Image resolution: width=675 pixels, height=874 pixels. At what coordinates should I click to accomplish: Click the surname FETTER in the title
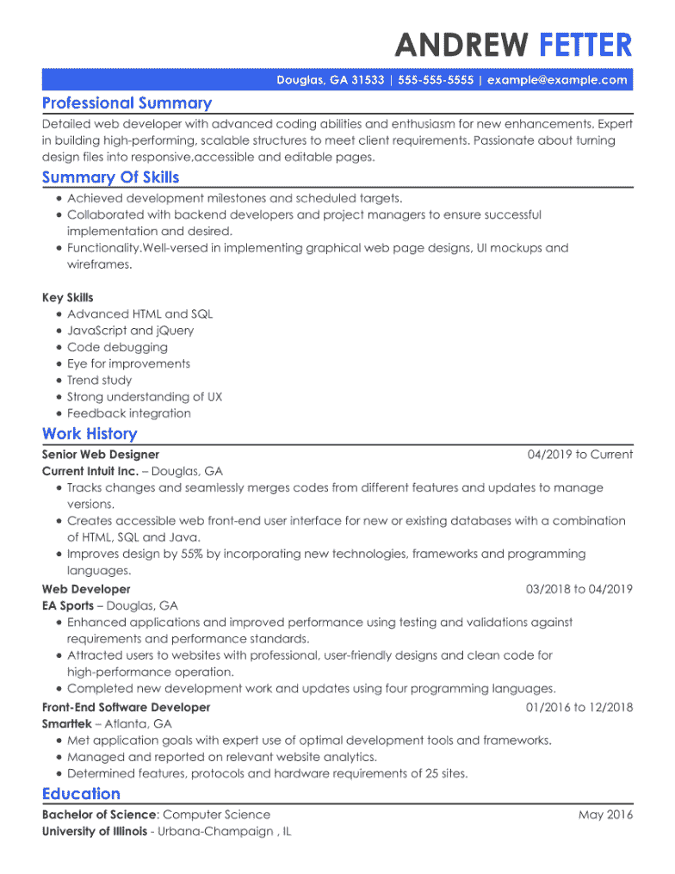(x=585, y=44)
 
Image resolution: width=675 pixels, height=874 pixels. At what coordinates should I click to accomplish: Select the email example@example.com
(x=557, y=80)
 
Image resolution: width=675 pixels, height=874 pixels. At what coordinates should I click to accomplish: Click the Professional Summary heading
(x=127, y=103)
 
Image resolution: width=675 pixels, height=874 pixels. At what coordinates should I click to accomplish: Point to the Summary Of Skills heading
(x=110, y=177)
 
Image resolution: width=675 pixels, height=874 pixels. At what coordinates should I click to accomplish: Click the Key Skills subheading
(x=68, y=298)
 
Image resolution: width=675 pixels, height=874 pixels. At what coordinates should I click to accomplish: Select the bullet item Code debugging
(x=117, y=347)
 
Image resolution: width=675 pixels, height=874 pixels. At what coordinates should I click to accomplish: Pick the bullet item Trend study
(x=100, y=380)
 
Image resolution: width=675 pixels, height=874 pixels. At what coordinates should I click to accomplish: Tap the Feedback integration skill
(x=129, y=413)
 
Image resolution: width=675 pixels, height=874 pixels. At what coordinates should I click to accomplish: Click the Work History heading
(x=90, y=434)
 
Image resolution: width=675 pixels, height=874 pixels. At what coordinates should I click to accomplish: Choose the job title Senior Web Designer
(x=101, y=455)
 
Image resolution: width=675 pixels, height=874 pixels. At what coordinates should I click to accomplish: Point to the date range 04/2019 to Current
(x=580, y=455)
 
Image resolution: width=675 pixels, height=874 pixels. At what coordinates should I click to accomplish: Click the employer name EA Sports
(x=68, y=606)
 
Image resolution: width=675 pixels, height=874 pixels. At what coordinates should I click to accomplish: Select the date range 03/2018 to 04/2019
(x=579, y=590)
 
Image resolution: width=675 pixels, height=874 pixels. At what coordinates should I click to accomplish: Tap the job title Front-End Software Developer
(x=126, y=708)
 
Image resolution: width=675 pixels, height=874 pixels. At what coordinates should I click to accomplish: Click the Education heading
(x=81, y=794)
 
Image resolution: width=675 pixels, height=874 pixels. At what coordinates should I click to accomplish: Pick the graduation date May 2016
(x=605, y=815)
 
